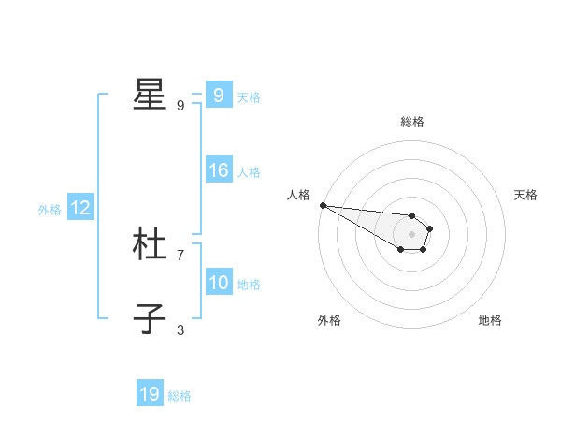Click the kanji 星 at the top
point(150,95)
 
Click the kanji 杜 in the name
point(150,244)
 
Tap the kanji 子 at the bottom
point(150,318)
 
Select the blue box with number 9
point(218,95)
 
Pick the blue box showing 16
point(218,170)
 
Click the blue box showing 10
point(218,283)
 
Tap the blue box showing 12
point(79,208)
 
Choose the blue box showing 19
point(150,394)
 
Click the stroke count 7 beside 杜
point(180,255)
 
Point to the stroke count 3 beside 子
point(180,330)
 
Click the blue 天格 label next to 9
point(249,96)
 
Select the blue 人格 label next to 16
point(249,171)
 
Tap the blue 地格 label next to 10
point(249,284)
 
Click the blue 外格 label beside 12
point(50,210)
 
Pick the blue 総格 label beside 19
point(180,395)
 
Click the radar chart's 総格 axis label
point(412,122)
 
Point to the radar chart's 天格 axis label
point(526,195)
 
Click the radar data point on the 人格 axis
point(323,205)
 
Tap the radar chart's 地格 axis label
point(490,320)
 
